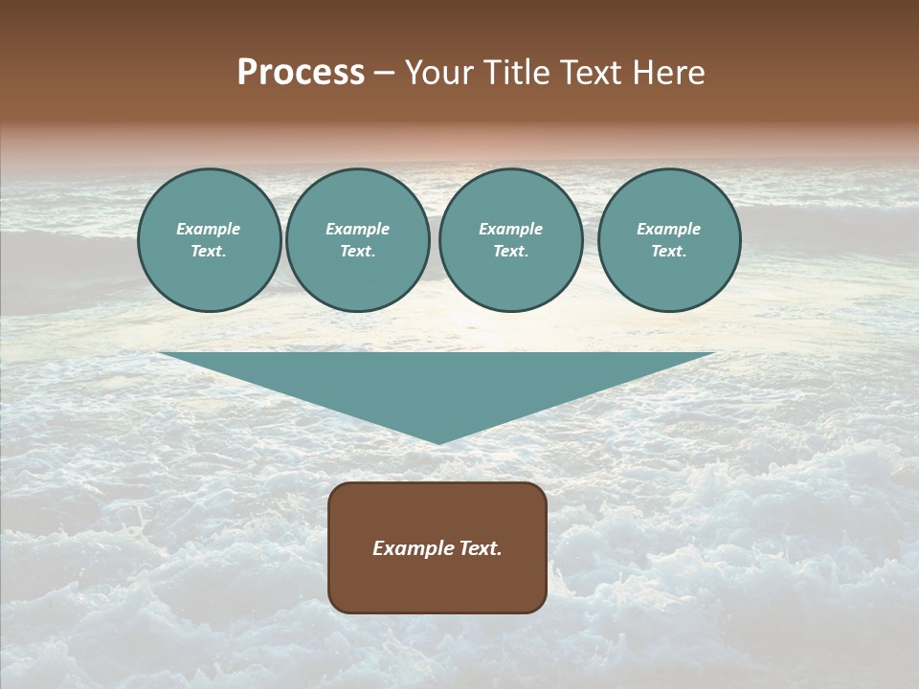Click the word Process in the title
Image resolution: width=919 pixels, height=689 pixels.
[301, 73]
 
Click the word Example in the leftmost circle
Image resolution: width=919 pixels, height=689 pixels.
[209, 229]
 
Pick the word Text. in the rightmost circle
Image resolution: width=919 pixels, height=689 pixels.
[668, 251]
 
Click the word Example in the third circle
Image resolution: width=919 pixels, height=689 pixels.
[510, 229]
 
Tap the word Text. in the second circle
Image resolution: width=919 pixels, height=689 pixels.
[357, 251]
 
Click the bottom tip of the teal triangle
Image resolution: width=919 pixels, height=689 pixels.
[438, 441]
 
